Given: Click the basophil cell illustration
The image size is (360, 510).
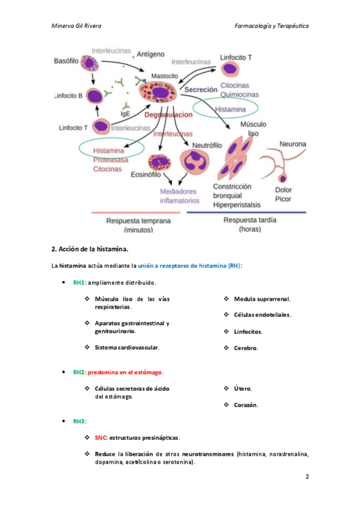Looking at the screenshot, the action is click(90, 63).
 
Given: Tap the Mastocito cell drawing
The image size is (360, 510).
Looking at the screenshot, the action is click(158, 92).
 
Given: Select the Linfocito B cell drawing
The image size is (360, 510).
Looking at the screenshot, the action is click(94, 96).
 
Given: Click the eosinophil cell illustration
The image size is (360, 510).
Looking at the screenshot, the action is click(159, 162).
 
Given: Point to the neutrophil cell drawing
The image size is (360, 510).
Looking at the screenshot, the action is click(195, 162).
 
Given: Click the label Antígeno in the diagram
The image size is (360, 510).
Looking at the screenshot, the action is click(150, 54).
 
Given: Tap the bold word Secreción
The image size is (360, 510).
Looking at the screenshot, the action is click(201, 90).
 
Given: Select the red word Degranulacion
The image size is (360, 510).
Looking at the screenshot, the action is click(168, 115).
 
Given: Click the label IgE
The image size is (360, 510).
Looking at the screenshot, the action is click(125, 114).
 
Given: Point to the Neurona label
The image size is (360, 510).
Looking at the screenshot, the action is click(293, 144).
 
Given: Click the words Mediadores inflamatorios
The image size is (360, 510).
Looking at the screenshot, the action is click(179, 196).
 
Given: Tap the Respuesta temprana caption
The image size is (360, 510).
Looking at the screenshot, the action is click(138, 225).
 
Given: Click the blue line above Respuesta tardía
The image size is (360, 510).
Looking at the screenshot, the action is click(246, 212).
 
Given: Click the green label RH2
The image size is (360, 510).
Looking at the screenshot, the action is click(79, 372).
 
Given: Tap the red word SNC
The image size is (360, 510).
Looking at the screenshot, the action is click(100, 438).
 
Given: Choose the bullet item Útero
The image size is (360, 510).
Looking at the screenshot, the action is click(243, 389).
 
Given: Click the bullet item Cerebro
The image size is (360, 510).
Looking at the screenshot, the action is click(246, 348).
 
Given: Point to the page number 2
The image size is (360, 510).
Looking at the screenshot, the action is click(307, 476).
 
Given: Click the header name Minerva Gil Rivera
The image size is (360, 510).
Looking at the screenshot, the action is click(76, 26).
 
